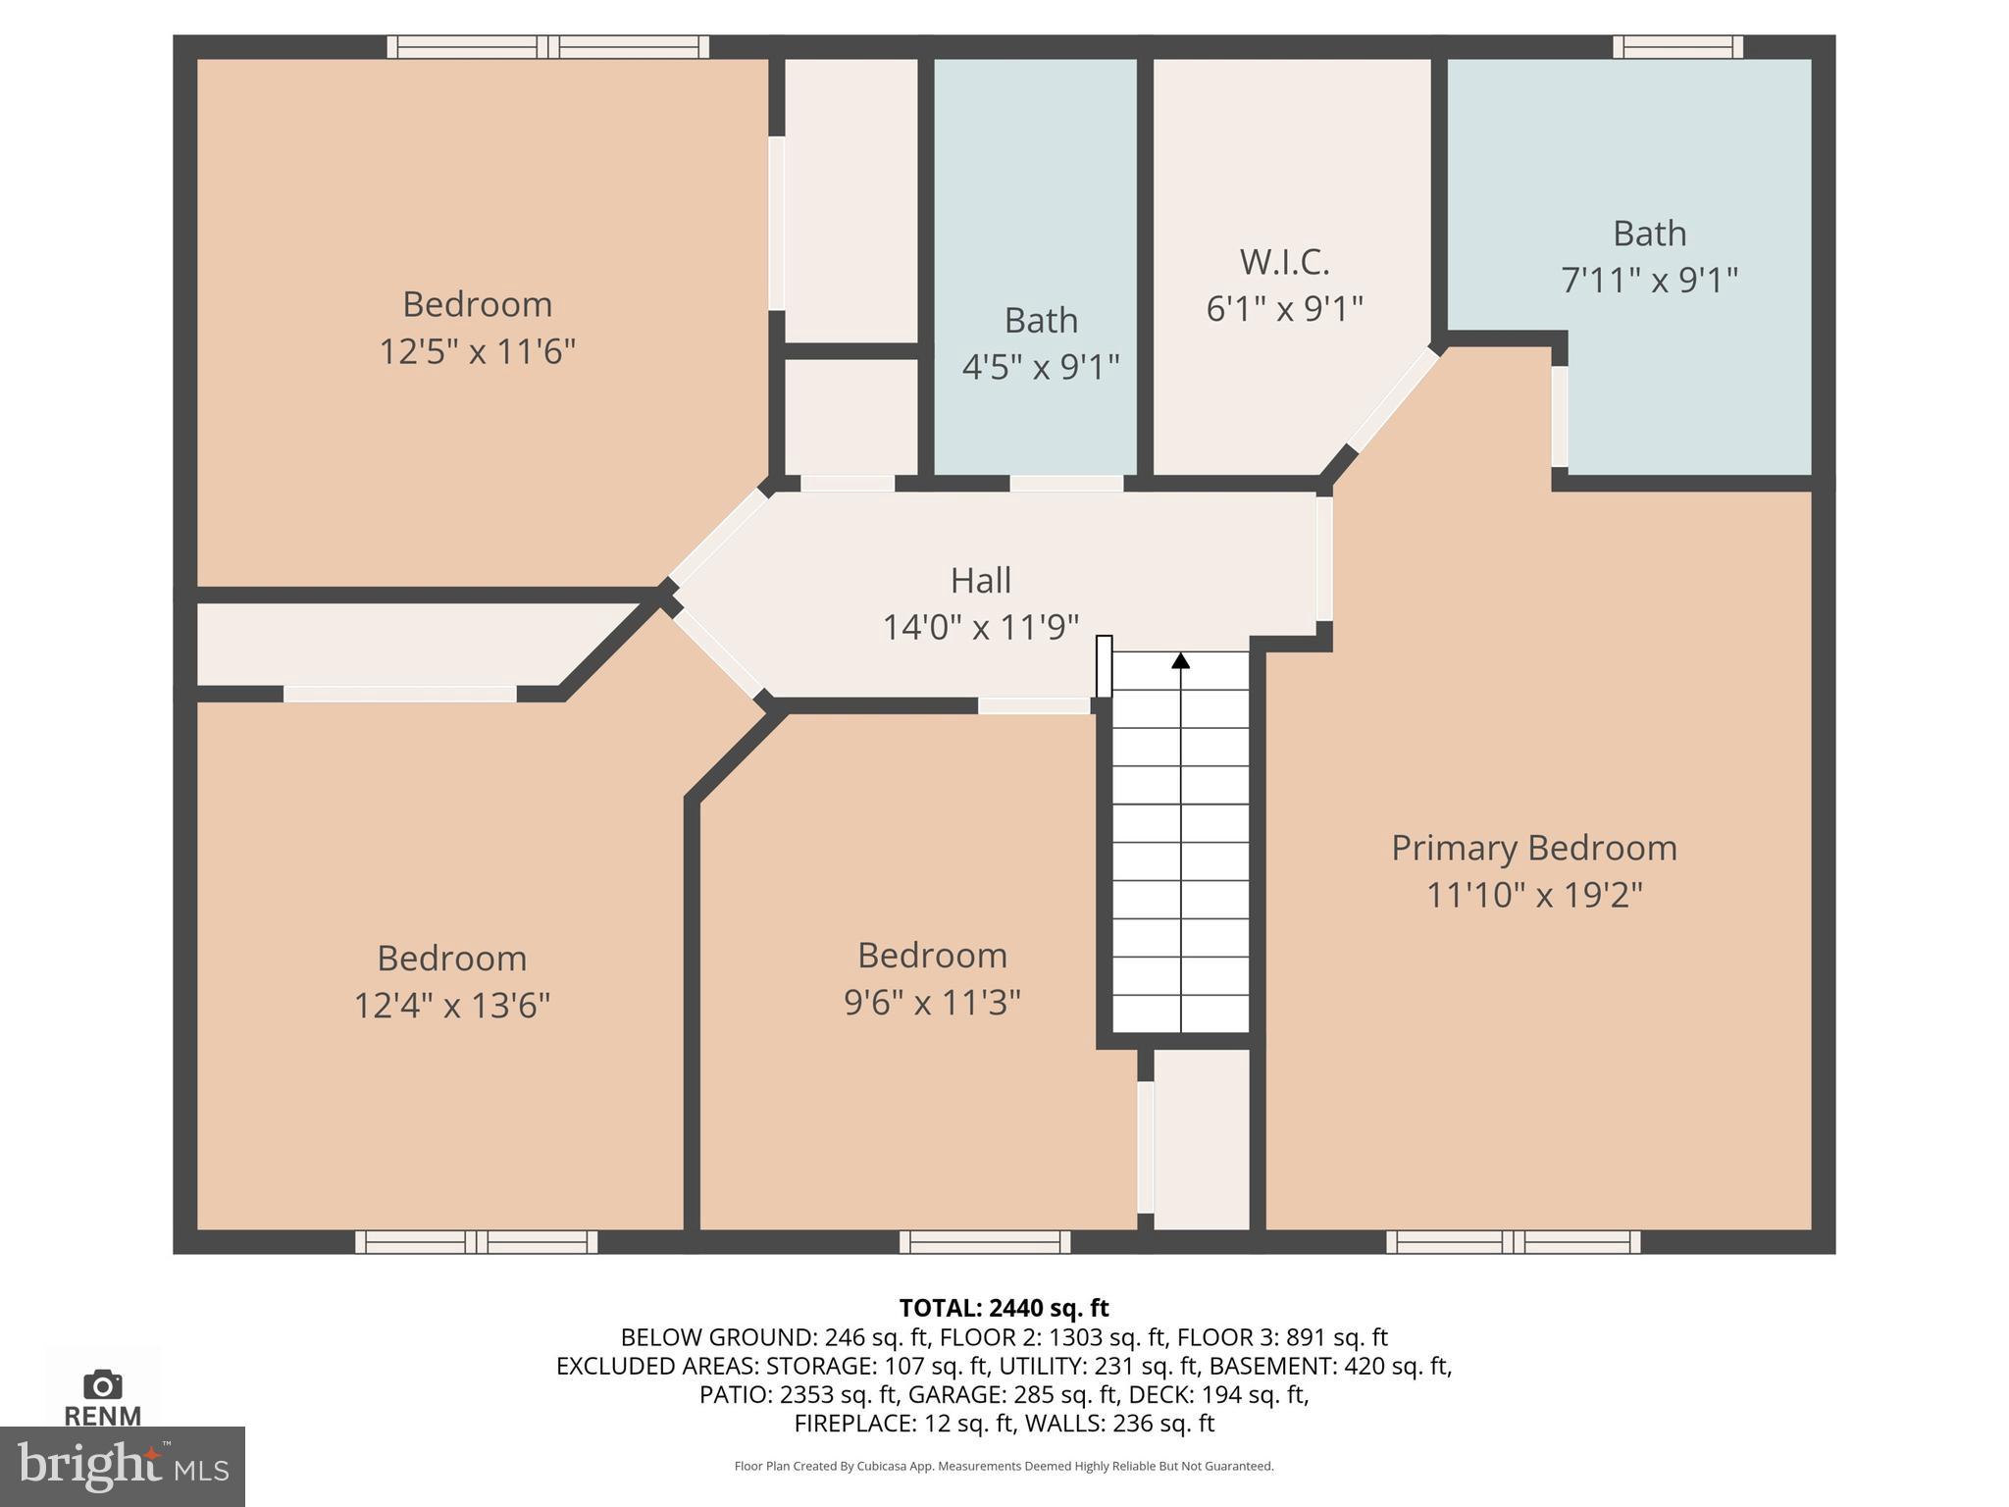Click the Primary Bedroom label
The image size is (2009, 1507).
[1533, 849]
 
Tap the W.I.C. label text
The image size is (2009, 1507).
[1284, 262]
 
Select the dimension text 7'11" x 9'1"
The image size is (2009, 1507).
[1649, 281]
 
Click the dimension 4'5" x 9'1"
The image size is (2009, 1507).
[1040, 367]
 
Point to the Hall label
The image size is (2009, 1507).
[980, 581]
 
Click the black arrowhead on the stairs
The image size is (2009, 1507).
[1181, 661]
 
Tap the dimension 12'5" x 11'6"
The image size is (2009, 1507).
[477, 350]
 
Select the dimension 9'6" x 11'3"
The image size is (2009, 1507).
[932, 1002]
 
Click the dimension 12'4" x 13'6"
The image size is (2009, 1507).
[451, 1005]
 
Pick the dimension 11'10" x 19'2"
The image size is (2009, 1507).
[1533, 895]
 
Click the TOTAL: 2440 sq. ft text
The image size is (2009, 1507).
[1004, 1308]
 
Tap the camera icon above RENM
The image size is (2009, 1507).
[103, 1385]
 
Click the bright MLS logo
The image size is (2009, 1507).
[122, 1467]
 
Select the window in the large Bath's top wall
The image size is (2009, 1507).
[1677, 46]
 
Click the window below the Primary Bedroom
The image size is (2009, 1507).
[1513, 1242]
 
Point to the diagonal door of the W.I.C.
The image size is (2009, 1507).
[1392, 399]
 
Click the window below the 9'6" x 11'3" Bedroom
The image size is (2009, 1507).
[985, 1242]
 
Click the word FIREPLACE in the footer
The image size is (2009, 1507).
[855, 1423]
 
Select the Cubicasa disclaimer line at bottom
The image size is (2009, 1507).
[1004, 1466]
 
